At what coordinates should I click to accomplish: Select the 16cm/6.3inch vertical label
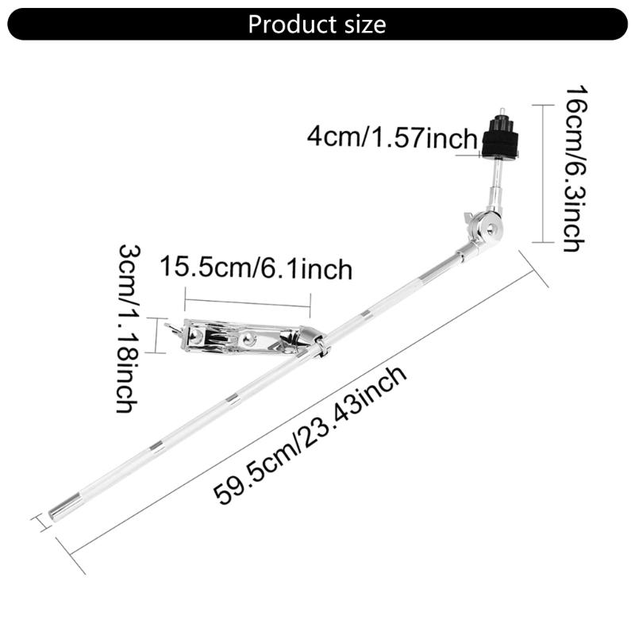574,167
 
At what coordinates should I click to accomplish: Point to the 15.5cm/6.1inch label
256,268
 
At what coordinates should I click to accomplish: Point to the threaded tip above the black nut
504,112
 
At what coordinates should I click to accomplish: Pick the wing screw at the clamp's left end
171,327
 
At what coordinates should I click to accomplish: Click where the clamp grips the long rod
321,347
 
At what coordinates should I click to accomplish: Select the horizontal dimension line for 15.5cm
248,300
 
